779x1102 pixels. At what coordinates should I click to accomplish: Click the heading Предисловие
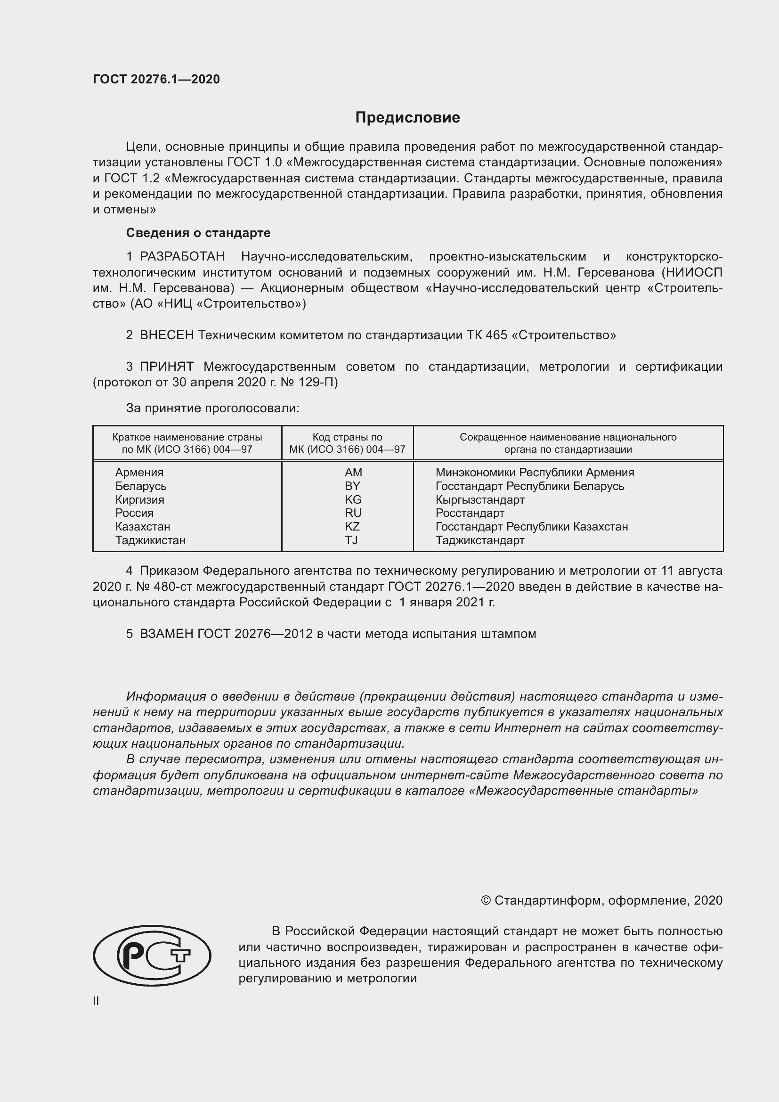(407, 118)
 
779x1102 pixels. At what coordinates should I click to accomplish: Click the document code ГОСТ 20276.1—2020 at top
(156, 79)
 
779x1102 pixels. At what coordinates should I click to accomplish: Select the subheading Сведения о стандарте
(198, 233)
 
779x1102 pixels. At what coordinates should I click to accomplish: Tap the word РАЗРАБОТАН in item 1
(182, 257)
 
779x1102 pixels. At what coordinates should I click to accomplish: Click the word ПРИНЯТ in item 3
(166, 367)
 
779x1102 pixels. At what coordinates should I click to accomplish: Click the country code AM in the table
(353, 472)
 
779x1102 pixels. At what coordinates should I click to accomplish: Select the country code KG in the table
(353, 499)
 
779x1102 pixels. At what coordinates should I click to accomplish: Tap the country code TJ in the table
(351, 540)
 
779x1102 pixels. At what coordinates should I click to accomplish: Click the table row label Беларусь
(140, 486)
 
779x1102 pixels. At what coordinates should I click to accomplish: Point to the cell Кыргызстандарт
(479, 499)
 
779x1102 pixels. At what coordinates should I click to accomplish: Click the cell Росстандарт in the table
(470, 513)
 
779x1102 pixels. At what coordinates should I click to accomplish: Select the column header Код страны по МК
(347, 443)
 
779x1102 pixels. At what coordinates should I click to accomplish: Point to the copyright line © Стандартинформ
(601, 900)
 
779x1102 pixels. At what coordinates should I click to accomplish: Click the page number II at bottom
(96, 1001)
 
